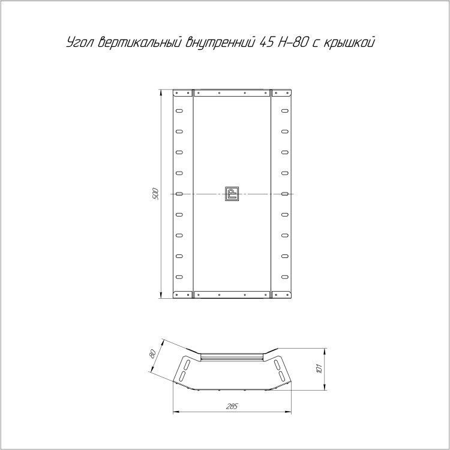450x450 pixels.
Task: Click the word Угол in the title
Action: click(80, 43)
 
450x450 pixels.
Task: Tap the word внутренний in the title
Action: click(220, 43)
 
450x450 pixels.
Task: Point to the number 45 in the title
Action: click(266, 43)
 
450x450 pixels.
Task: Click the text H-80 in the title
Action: click(293, 43)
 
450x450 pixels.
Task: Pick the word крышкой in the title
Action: click(350, 43)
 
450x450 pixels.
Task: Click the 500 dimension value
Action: click(155, 194)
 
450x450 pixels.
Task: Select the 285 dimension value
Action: click(232, 406)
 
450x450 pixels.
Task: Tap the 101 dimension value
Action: click(319, 368)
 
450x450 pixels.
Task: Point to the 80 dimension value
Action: click(152, 353)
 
